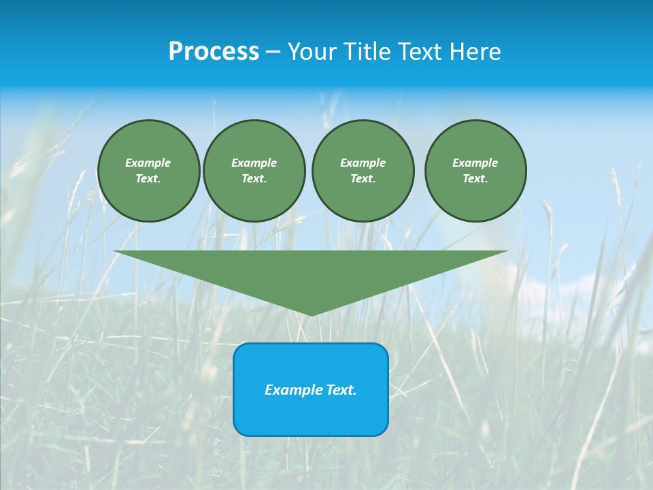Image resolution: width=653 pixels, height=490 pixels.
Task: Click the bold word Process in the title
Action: pos(214,52)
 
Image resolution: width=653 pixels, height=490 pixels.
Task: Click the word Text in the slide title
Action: pos(420,52)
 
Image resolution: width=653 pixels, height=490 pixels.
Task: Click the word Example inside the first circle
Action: pos(148,163)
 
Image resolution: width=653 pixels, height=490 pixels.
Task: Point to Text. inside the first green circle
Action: pos(148,179)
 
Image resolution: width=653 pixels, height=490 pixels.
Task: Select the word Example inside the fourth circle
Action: pos(475,163)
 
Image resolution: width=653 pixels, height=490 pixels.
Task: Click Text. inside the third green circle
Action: pos(363,179)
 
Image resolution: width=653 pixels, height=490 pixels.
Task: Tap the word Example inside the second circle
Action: pos(254,163)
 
